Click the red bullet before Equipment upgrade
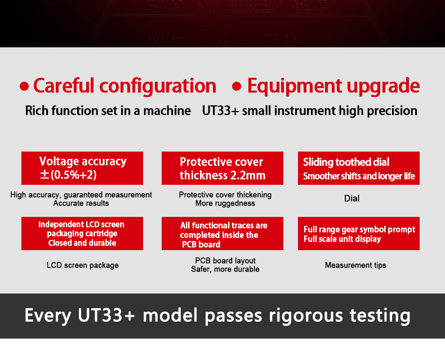pyautogui.click(x=237, y=86)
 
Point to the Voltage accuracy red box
pyautogui.click(x=82, y=168)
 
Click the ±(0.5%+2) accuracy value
pyautogui.click(x=68, y=175)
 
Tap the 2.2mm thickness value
pyautogui.click(x=248, y=175)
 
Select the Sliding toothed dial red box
pyautogui.click(x=358, y=168)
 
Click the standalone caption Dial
pyautogui.click(x=351, y=198)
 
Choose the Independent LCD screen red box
pyautogui.click(x=82, y=233)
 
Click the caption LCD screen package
pyautogui.click(x=83, y=265)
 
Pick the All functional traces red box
pyautogui.click(x=222, y=233)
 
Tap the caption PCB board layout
pyautogui.click(x=225, y=261)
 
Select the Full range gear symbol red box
pyautogui.click(x=358, y=233)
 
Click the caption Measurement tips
pyautogui.click(x=355, y=265)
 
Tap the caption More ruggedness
pyautogui.click(x=225, y=203)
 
